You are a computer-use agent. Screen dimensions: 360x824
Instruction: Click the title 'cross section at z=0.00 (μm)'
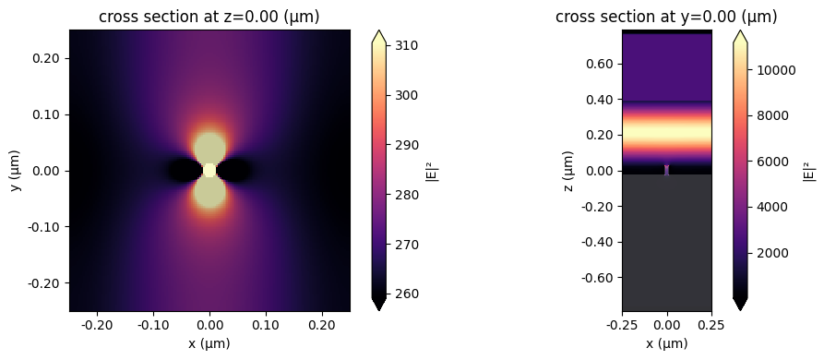(209, 17)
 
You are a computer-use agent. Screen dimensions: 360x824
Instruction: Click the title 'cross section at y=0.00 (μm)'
(666, 17)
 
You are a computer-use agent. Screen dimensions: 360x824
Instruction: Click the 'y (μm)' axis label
(15, 171)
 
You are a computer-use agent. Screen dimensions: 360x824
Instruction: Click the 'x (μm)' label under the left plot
(209, 343)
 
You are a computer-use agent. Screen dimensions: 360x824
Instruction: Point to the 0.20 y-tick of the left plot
(47, 58)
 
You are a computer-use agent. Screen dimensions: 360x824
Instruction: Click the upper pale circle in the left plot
(209, 148)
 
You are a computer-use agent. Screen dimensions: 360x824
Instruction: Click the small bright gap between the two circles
(209, 170)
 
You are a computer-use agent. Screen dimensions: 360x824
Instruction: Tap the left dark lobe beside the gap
(184, 170)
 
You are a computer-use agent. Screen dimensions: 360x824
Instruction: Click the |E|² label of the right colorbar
(809, 171)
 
